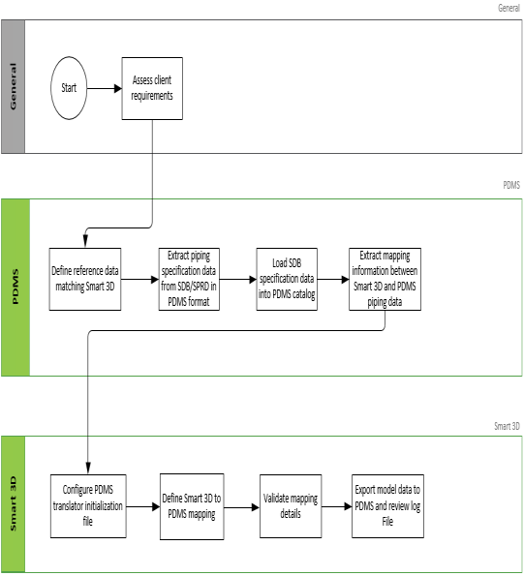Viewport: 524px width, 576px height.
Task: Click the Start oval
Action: pos(69,88)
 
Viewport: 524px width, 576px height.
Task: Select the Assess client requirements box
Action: pos(152,88)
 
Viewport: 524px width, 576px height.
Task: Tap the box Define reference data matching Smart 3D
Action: pos(85,279)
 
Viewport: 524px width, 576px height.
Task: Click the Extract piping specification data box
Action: pos(189,279)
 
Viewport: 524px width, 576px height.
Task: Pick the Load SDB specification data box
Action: pos(287,279)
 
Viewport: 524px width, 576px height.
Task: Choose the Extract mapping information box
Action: pos(385,279)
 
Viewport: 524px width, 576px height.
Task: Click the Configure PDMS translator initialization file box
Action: pos(88,506)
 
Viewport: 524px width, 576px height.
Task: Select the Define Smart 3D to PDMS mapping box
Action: pos(192,506)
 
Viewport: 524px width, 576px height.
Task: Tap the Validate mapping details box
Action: pos(291,506)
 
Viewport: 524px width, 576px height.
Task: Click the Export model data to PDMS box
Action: pos(387,506)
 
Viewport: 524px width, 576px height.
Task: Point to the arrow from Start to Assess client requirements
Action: pos(105,88)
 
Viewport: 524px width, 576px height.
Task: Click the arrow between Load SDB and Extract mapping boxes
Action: pos(333,280)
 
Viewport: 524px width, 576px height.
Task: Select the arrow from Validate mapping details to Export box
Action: pos(337,506)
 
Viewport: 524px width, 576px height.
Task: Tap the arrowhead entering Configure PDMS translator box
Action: pos(88,469)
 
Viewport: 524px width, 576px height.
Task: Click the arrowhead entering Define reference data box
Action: pos(85,241)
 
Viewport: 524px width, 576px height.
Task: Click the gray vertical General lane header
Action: pos(14,86)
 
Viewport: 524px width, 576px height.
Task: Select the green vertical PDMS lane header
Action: pos(15,288)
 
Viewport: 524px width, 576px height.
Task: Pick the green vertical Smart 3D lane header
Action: pos(14,504)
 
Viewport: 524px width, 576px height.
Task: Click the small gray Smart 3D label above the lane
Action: pos(507,426)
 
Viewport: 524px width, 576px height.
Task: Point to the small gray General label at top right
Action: pos(509,8)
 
